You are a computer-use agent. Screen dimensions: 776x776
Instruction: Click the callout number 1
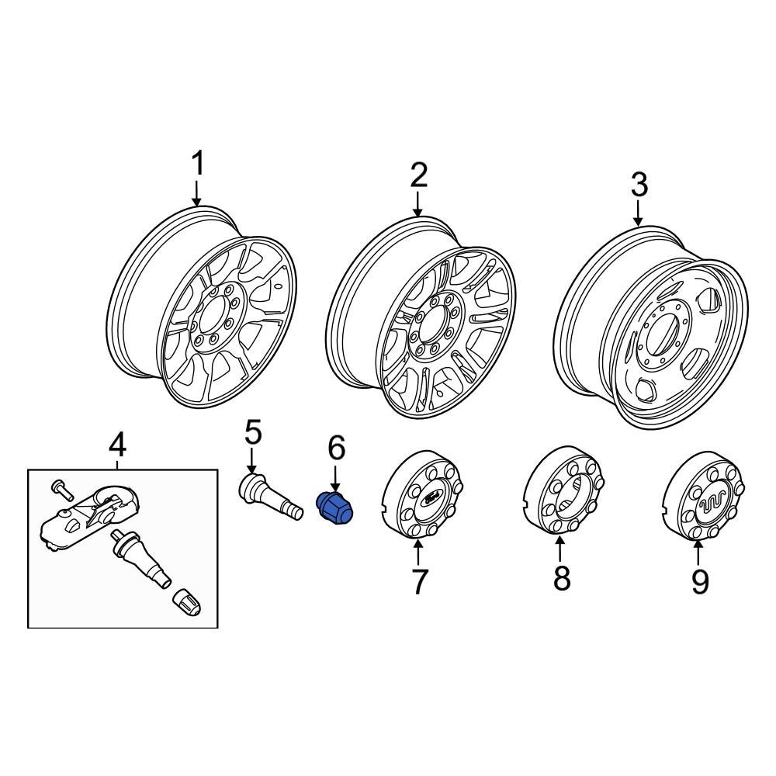[x=199, y=165]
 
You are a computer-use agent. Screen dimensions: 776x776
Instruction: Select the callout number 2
[x=418, y=176]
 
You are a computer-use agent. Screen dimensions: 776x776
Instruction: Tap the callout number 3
[x=639, y=185]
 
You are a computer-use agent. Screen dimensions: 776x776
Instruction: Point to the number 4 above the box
[x=116, y=445]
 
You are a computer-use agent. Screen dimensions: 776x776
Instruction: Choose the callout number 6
[x=335, y=448]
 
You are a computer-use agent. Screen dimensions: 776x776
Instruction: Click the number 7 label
[x=419, y=580]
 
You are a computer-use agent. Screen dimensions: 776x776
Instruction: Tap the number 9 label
[x=700, y=580]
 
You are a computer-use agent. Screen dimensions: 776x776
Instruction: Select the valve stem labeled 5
[x=268, y=500]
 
